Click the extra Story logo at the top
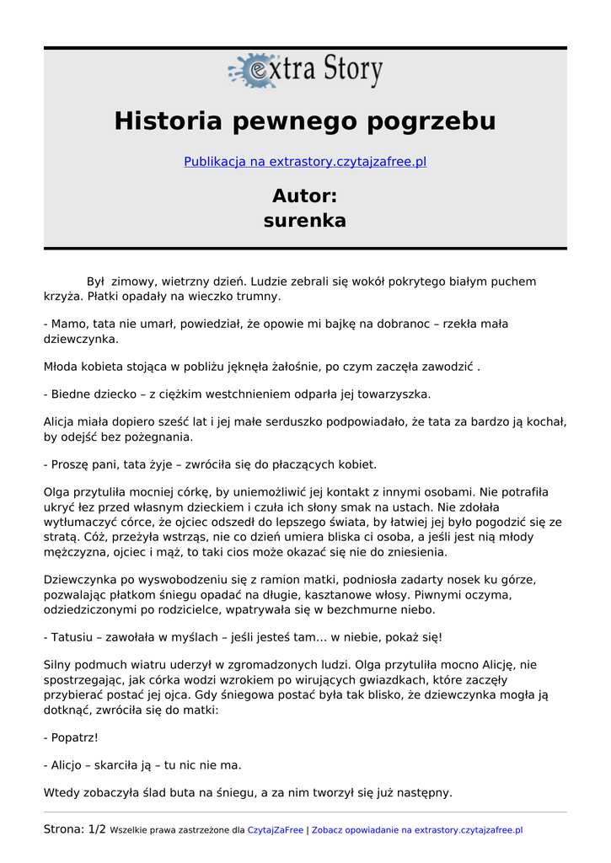coord(305,71)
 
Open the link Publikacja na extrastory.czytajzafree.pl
coord(305,162)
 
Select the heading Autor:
coord(305,196)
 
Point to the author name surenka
coord(305,222)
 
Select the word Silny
coord(60,665)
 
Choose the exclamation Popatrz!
coord(74,737)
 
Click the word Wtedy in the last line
coord(62,792)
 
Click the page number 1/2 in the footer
coord(97,829)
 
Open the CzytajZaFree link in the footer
coord(275,830)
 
